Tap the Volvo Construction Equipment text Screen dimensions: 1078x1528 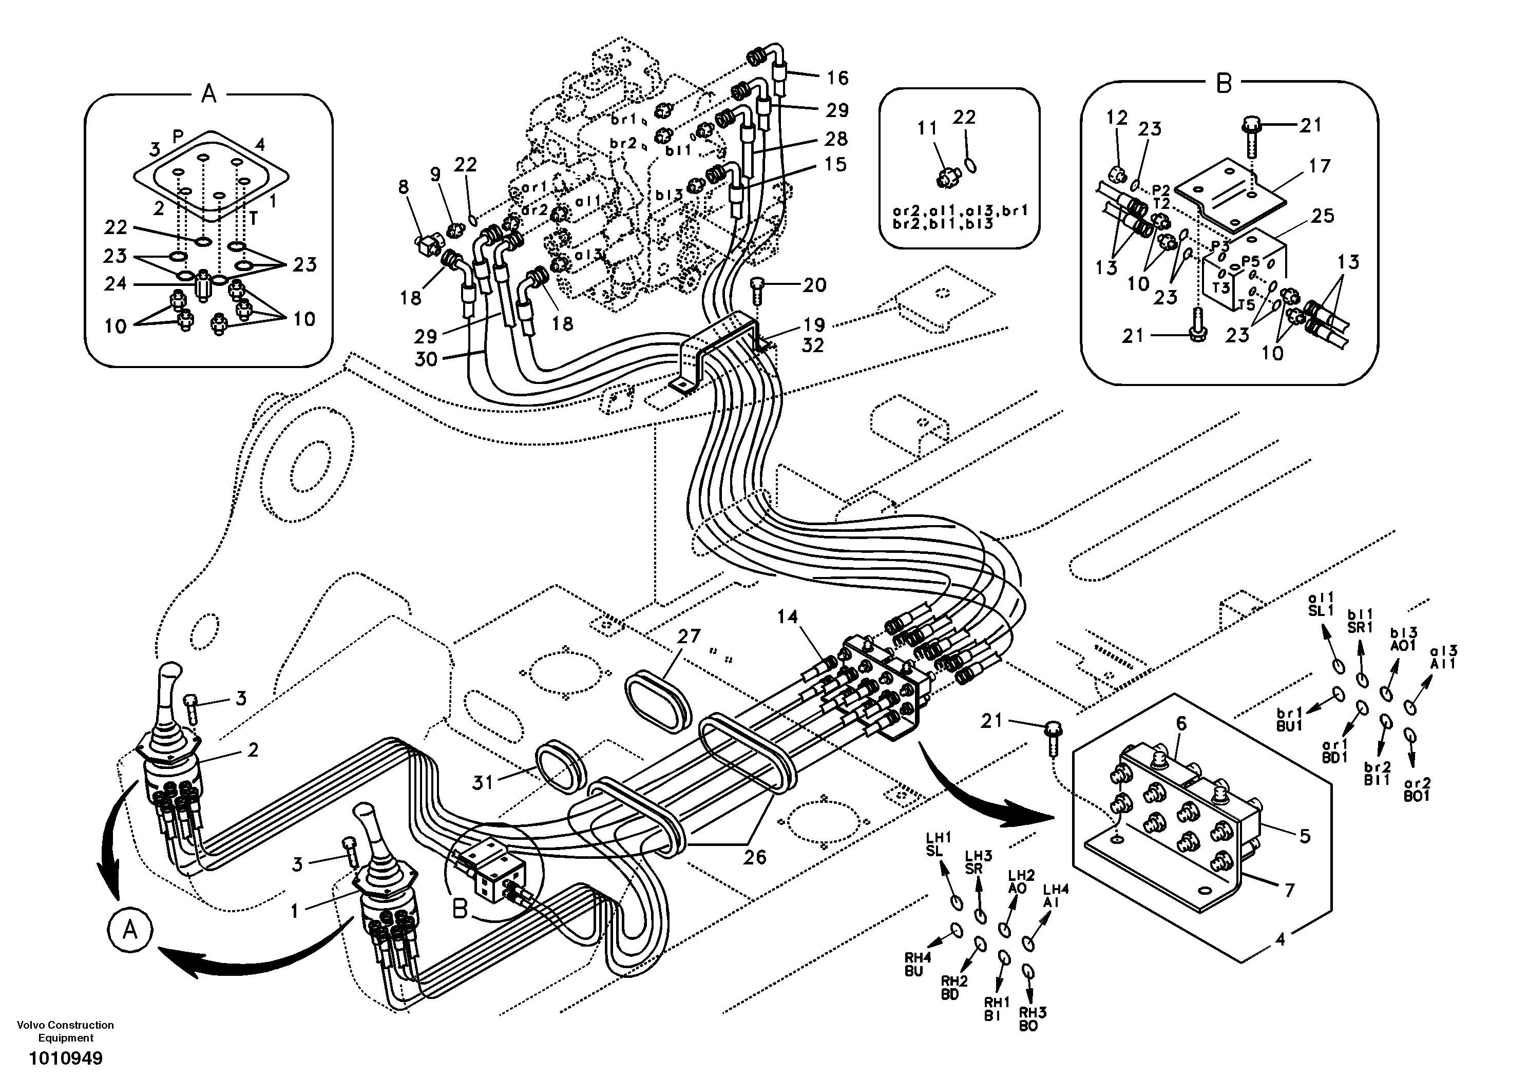[65, 1031]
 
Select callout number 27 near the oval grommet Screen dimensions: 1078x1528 [689, 636]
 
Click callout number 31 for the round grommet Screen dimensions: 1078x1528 [483, 782]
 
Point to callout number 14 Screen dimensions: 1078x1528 [787, 617]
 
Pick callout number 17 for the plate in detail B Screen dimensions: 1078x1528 [1320, 166]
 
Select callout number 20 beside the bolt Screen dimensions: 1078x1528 [814, 285]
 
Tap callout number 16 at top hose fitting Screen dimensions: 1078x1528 [838, 78]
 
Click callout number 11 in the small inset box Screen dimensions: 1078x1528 [927, 128]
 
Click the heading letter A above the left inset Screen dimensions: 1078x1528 [208, 94]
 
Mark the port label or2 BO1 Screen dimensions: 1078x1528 [1416, 790]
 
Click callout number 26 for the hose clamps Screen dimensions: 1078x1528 [755, 858]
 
